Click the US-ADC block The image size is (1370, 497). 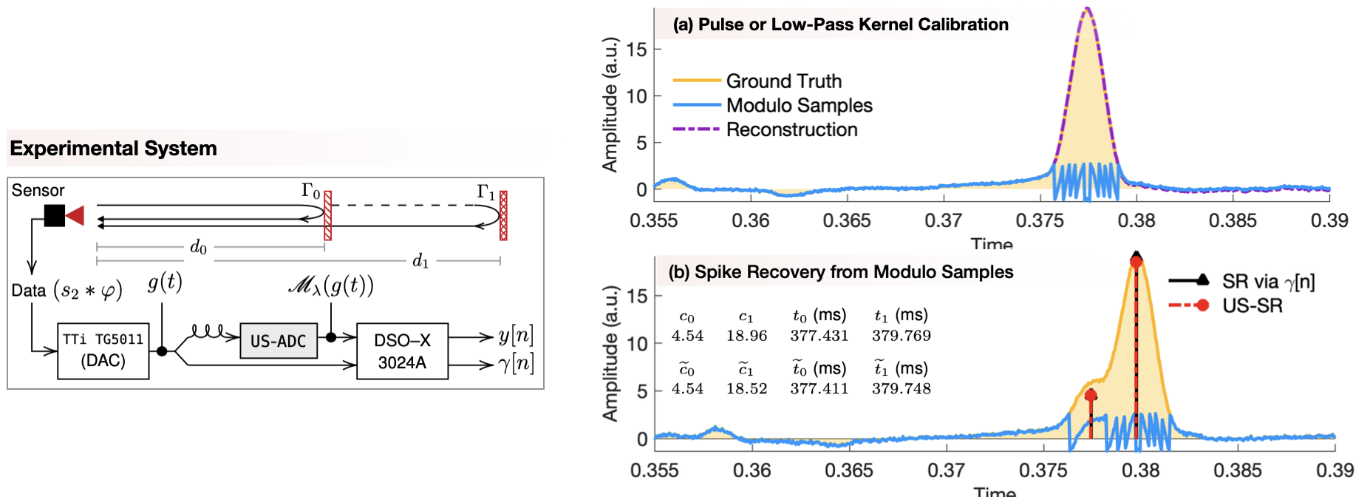[278, 341]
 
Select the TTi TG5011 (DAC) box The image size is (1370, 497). [103, 351]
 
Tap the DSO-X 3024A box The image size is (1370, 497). [402, 351]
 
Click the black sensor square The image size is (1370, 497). [54, 215]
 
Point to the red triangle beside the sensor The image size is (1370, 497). [75, 215]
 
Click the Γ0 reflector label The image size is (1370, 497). [311, 191]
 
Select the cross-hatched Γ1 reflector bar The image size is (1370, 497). [503, 215]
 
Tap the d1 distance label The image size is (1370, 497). [420, 260]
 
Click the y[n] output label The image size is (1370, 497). [515, 335]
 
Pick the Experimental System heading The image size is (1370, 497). [113, 148]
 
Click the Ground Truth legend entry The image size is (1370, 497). [783, 81]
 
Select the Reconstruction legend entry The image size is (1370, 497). [791, 129]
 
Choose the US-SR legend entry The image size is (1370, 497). [1252, 305]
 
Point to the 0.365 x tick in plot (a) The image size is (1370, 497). [847, 220]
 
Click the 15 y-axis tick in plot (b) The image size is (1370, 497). [636, 296]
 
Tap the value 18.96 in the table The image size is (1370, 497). [746, 336]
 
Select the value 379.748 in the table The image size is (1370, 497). [901, 388]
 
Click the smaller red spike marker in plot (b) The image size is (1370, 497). [1091, 396]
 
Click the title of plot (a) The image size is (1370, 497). [840, 24]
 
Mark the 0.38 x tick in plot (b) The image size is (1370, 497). [1140, 470]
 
